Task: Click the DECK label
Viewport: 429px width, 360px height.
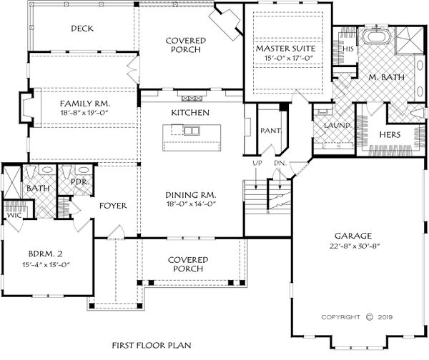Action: click(x=82, y=29)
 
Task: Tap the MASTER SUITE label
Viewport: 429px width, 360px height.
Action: click(x=285, y=49)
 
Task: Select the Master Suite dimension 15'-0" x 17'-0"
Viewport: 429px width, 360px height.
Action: click(x=288, y=58)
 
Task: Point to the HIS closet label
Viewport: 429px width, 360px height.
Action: click(x=348, y=49)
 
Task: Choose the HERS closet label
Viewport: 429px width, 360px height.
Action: click(x=390, y=135)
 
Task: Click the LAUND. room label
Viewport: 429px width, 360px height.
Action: click(x=337, y=126)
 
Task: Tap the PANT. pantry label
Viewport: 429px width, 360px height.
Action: click(x=270, y=131)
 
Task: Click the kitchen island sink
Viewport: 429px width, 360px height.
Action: click(x=191, y=131)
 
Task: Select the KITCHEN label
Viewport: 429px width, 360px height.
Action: click(x=190, y=113)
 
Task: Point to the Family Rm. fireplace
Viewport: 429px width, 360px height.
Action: click(x=26, y=108)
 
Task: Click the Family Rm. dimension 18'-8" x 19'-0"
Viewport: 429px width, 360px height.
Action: click(x=85, y=112)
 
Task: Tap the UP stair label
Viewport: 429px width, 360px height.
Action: click(x=257, y=163)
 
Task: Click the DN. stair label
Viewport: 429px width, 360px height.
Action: click(x=280, y=163)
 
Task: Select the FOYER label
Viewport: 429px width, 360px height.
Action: click(x=113, y=206)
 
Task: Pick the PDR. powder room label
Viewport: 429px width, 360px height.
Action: click(x=79, y=182)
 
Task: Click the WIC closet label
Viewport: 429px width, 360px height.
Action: click(x=14, y=216)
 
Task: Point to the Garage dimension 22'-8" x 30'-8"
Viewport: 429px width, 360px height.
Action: click(x=355, y=246)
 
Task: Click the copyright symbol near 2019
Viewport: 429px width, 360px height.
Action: click(x=370, y=317)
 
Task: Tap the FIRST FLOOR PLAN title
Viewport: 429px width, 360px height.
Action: click(x=152, y=346)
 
